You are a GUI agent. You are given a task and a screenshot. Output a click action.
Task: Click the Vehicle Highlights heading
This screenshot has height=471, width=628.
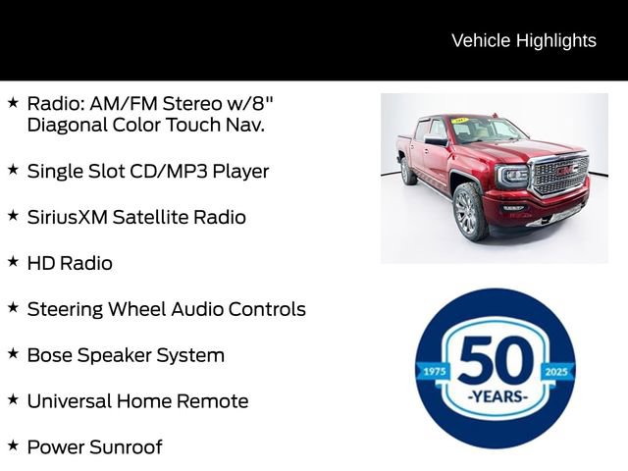(523, 40)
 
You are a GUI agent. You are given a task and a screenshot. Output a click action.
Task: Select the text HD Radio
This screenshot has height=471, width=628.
(70, 263)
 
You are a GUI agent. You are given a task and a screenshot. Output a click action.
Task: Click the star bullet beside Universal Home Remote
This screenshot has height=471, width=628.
(13, 399)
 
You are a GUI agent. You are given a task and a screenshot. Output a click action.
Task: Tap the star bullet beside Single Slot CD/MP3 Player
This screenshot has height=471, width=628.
(13, 169)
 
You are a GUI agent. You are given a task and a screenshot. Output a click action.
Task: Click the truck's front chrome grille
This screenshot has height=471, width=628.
(558, 175)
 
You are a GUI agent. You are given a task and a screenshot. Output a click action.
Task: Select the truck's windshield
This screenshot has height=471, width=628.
(486, 131)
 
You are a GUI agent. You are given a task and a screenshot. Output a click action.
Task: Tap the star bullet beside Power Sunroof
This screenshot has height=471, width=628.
(13, 445)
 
